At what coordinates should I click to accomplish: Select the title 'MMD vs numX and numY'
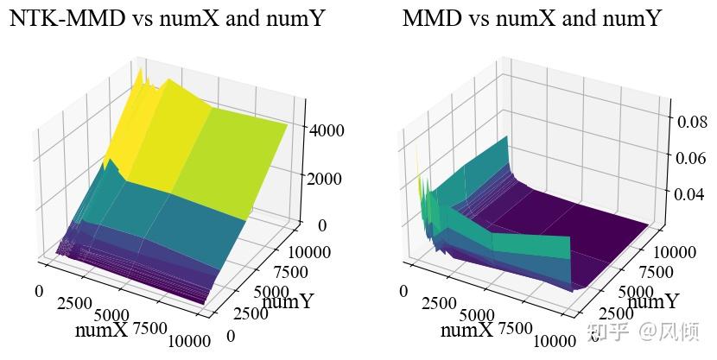(x=532, y=19)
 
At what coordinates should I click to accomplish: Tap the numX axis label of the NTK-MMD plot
(x=101, y=330)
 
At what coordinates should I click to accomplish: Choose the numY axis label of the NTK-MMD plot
(x=288, y=302)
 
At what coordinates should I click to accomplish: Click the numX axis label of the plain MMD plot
(x=466, y=330)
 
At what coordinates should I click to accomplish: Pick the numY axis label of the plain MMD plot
(x=653, y=302)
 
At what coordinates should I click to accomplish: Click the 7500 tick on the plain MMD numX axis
(x=517, y=328)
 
